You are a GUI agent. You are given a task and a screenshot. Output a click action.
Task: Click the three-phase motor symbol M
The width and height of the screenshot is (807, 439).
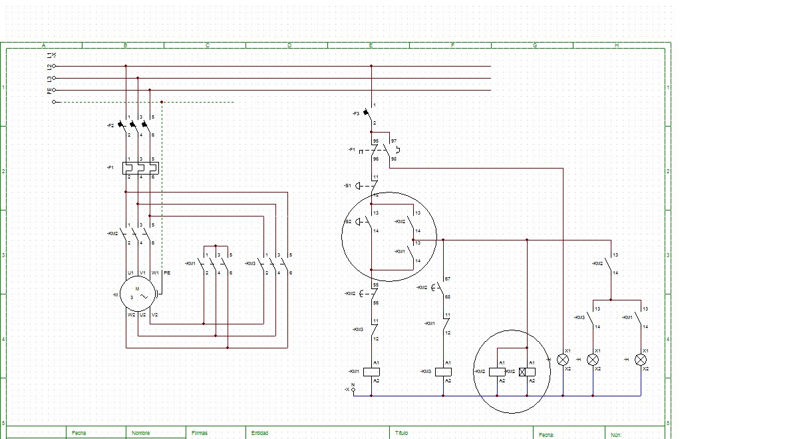[x=138, y=293]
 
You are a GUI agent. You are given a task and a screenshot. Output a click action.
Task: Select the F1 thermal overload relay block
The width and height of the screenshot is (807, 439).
[x=141, y=168]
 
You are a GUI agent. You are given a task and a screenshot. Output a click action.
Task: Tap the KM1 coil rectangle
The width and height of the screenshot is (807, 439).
[x=371, y=371]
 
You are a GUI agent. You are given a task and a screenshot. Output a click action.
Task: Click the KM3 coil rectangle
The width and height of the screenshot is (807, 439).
[x=443, y=371]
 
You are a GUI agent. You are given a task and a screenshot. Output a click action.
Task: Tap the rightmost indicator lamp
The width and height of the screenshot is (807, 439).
[x=641, y=359]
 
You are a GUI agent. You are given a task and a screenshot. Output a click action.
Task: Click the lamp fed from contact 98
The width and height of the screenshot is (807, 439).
[x=563, y=359]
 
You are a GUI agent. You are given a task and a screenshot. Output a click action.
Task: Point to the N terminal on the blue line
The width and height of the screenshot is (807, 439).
[x=353, y=390]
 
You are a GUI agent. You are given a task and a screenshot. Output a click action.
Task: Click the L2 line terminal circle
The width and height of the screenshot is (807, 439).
[x=54, y=66]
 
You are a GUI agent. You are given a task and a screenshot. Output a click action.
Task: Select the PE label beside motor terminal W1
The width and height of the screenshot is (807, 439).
[x=167, y=273]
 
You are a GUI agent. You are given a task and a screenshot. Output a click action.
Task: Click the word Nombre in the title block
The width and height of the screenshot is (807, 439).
[x=140, y=433]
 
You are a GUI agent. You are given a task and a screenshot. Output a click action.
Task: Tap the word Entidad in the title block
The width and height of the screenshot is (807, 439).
[x=259, y=433]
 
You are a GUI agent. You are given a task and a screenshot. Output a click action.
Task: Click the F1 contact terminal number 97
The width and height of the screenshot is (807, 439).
[x=394, y=141]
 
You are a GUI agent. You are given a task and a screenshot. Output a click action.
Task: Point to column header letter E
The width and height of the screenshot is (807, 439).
[x=371, y=45]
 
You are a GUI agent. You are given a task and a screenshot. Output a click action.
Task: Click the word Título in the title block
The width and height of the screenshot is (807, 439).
[x=401, y=433]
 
